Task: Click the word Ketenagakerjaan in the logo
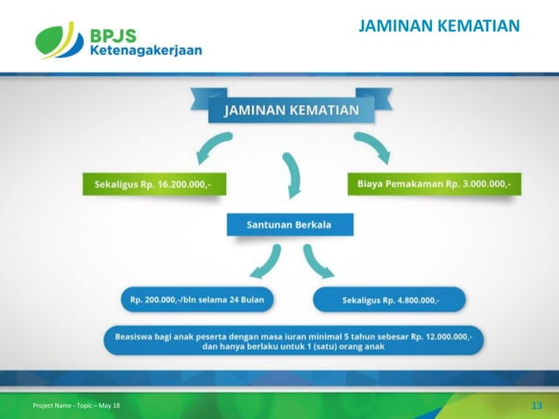tap(145, 51)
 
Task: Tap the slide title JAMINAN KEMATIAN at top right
tap(440, 26)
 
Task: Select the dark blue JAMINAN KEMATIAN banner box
tap(291, 110)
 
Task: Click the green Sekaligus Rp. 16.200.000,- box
tap(154, 185)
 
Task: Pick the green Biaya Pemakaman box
tap(434, 185)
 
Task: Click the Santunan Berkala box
tap(290, 224)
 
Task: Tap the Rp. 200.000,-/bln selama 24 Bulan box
tap(197, 300)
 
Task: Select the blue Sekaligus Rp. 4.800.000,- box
tap(390, 300)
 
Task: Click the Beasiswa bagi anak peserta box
tap(293, 340)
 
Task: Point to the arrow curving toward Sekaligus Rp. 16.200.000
tap(212, 147)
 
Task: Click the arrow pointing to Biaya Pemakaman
tap(372, 147)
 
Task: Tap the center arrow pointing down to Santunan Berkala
tap(291, 174)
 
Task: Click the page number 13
tap(537, 404)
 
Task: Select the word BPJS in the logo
tap(113, 35)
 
